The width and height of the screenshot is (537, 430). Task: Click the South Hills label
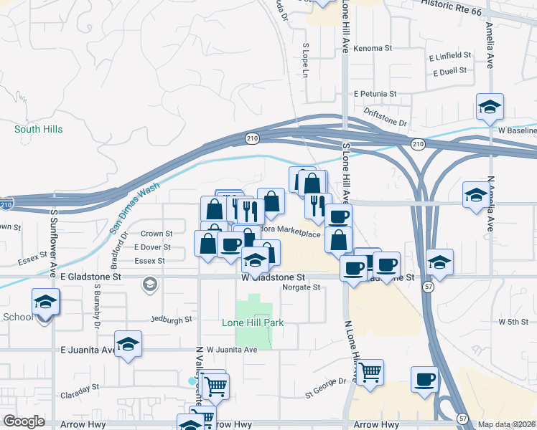(39, 130)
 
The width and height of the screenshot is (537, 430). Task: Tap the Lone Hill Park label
(252, 322)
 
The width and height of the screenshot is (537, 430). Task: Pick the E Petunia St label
(375, 94)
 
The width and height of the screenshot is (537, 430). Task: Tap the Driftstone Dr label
(386, 113)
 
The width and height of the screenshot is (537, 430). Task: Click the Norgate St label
(301, 287)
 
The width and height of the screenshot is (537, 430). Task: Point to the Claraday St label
(80, 390)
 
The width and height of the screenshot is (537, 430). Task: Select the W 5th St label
(513, 322)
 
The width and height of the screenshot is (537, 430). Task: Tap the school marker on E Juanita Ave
(128, 345)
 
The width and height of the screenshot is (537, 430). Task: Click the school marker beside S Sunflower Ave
(45, 302)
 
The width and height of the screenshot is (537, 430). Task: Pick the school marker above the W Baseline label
(490, 107)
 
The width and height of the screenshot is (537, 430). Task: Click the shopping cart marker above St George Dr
(369, 371)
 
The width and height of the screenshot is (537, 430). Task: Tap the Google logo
(24, 421)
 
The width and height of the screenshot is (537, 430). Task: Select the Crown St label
(157, 234)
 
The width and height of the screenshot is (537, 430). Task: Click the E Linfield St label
(450, 55)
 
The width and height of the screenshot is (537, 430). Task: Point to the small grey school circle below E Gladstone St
(149, 285)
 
